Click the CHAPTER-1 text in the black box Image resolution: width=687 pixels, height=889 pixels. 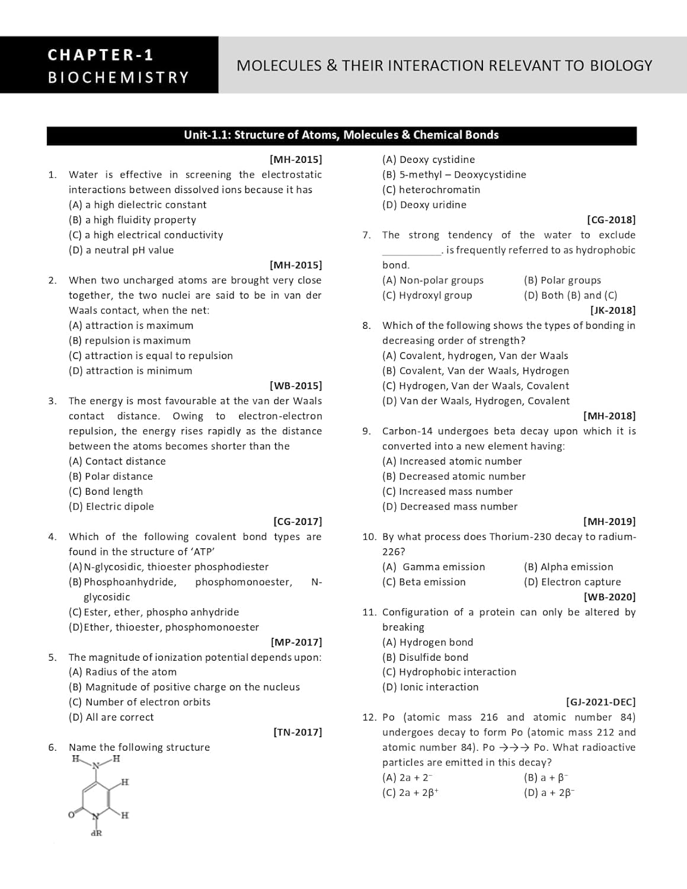click(x=101, y=55)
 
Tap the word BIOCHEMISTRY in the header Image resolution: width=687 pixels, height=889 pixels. click(x=118, y=78)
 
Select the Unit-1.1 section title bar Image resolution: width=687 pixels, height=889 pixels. click(x=341, y=135)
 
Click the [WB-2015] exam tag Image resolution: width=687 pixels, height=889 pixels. click(x=296, y=386)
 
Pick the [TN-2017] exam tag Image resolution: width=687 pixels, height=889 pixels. click(x=298, y=732)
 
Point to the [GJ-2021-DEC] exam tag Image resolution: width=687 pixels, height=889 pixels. click(x=600, y=702)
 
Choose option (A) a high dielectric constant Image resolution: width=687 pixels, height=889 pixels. click(x=138, y=205)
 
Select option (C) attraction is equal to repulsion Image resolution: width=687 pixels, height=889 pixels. click(x=151, y=356)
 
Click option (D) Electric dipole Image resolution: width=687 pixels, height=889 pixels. click(x=111, y=507)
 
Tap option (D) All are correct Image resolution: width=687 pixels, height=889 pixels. click(x=111, y=717)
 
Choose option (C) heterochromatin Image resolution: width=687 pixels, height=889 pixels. click(x=432, y=190)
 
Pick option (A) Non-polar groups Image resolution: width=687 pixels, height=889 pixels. click(x=433, y=280)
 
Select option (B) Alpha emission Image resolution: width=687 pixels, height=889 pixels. click(x=568, y=567)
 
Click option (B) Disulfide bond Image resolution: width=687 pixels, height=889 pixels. click(x=426, y=657)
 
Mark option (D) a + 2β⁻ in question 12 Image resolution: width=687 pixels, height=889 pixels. click(x=549, y=792)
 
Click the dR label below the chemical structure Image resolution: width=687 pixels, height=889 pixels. click(x=96, y=833)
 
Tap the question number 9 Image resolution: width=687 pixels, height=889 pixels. click(x=367, y=431)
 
